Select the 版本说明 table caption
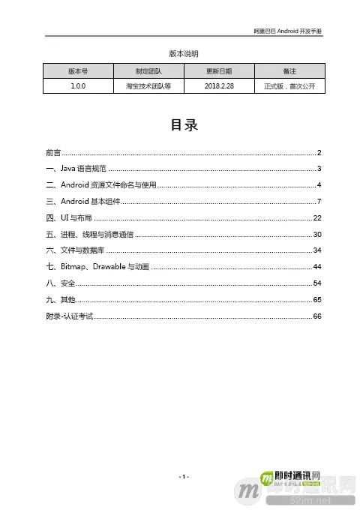click(180, 54)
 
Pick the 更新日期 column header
click(218, 71)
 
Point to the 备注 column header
click(288, 71)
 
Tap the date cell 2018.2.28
click(218, 87)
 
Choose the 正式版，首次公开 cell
click(288, 87)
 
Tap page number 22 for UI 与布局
click(317, 218)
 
